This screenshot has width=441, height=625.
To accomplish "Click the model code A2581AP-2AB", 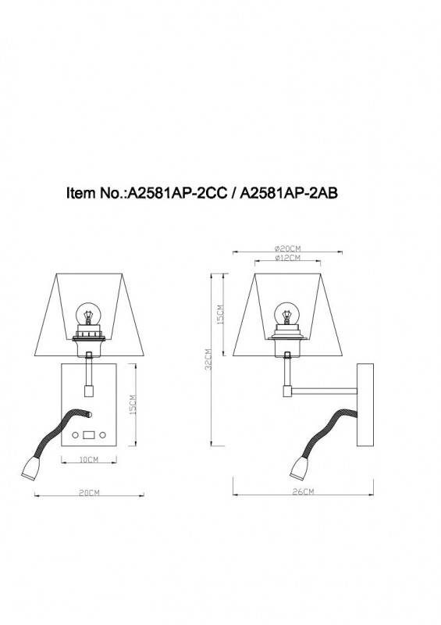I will (x=288, y=194).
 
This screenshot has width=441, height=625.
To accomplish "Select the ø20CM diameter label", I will (x=288, y=248).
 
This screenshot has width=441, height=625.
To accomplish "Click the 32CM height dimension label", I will (x=208, y=361).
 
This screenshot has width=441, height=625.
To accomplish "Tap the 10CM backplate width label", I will (x=87, y=459).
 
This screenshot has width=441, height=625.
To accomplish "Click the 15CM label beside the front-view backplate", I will (x=133, y=406).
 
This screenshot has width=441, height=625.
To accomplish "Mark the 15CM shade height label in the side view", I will (x=220, y=315).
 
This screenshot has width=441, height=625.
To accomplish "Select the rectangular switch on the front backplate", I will (x=89, y=434).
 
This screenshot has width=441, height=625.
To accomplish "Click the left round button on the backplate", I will (x=76, y=434).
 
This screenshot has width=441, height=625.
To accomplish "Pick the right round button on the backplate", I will (x=102, y=434).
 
